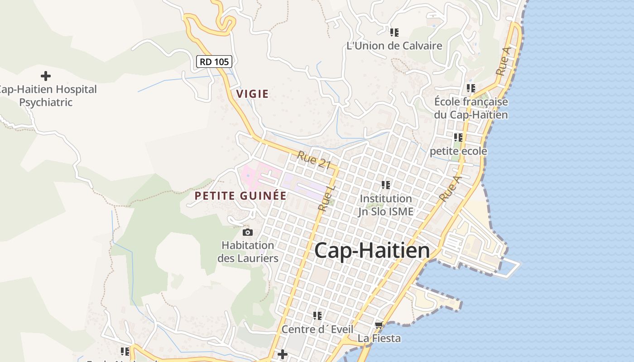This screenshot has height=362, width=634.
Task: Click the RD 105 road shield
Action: click(x=214, y=62)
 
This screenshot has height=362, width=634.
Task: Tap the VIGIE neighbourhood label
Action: click(x=252, y=94)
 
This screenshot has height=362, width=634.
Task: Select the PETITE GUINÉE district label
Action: click(x=240, y=196)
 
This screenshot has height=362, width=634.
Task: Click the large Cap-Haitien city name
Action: click(x=372, y=250)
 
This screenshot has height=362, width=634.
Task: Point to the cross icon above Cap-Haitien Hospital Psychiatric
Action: click(x=46, y=76)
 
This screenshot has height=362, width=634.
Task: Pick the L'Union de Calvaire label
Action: click(x=394, y=46)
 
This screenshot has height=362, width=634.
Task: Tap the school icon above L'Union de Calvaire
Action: click(x=394, y=33)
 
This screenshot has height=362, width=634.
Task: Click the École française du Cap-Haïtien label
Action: click(x=471, y=108)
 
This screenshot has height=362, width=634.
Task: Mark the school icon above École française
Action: click(x=471, y=88)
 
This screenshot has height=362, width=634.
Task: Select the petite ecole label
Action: click(x=458, y=151)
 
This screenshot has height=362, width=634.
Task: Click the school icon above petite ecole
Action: click(x=458, y=137)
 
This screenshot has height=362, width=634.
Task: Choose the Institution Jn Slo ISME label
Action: click(x=386, y=205)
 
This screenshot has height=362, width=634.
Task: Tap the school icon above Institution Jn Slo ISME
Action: click(x=386, y=185)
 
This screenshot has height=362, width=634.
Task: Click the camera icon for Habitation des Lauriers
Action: click(x=247, y=233)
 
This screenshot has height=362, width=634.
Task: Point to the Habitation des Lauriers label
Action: click(x=248, y=252)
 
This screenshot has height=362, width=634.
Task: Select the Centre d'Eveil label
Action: click(x=317, y=329)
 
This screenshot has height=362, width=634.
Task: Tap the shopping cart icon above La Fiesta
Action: click(x=379, y=325)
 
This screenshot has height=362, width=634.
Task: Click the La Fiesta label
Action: click(x=379, y=338)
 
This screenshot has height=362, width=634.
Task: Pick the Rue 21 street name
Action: click(x=314, y=160)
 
